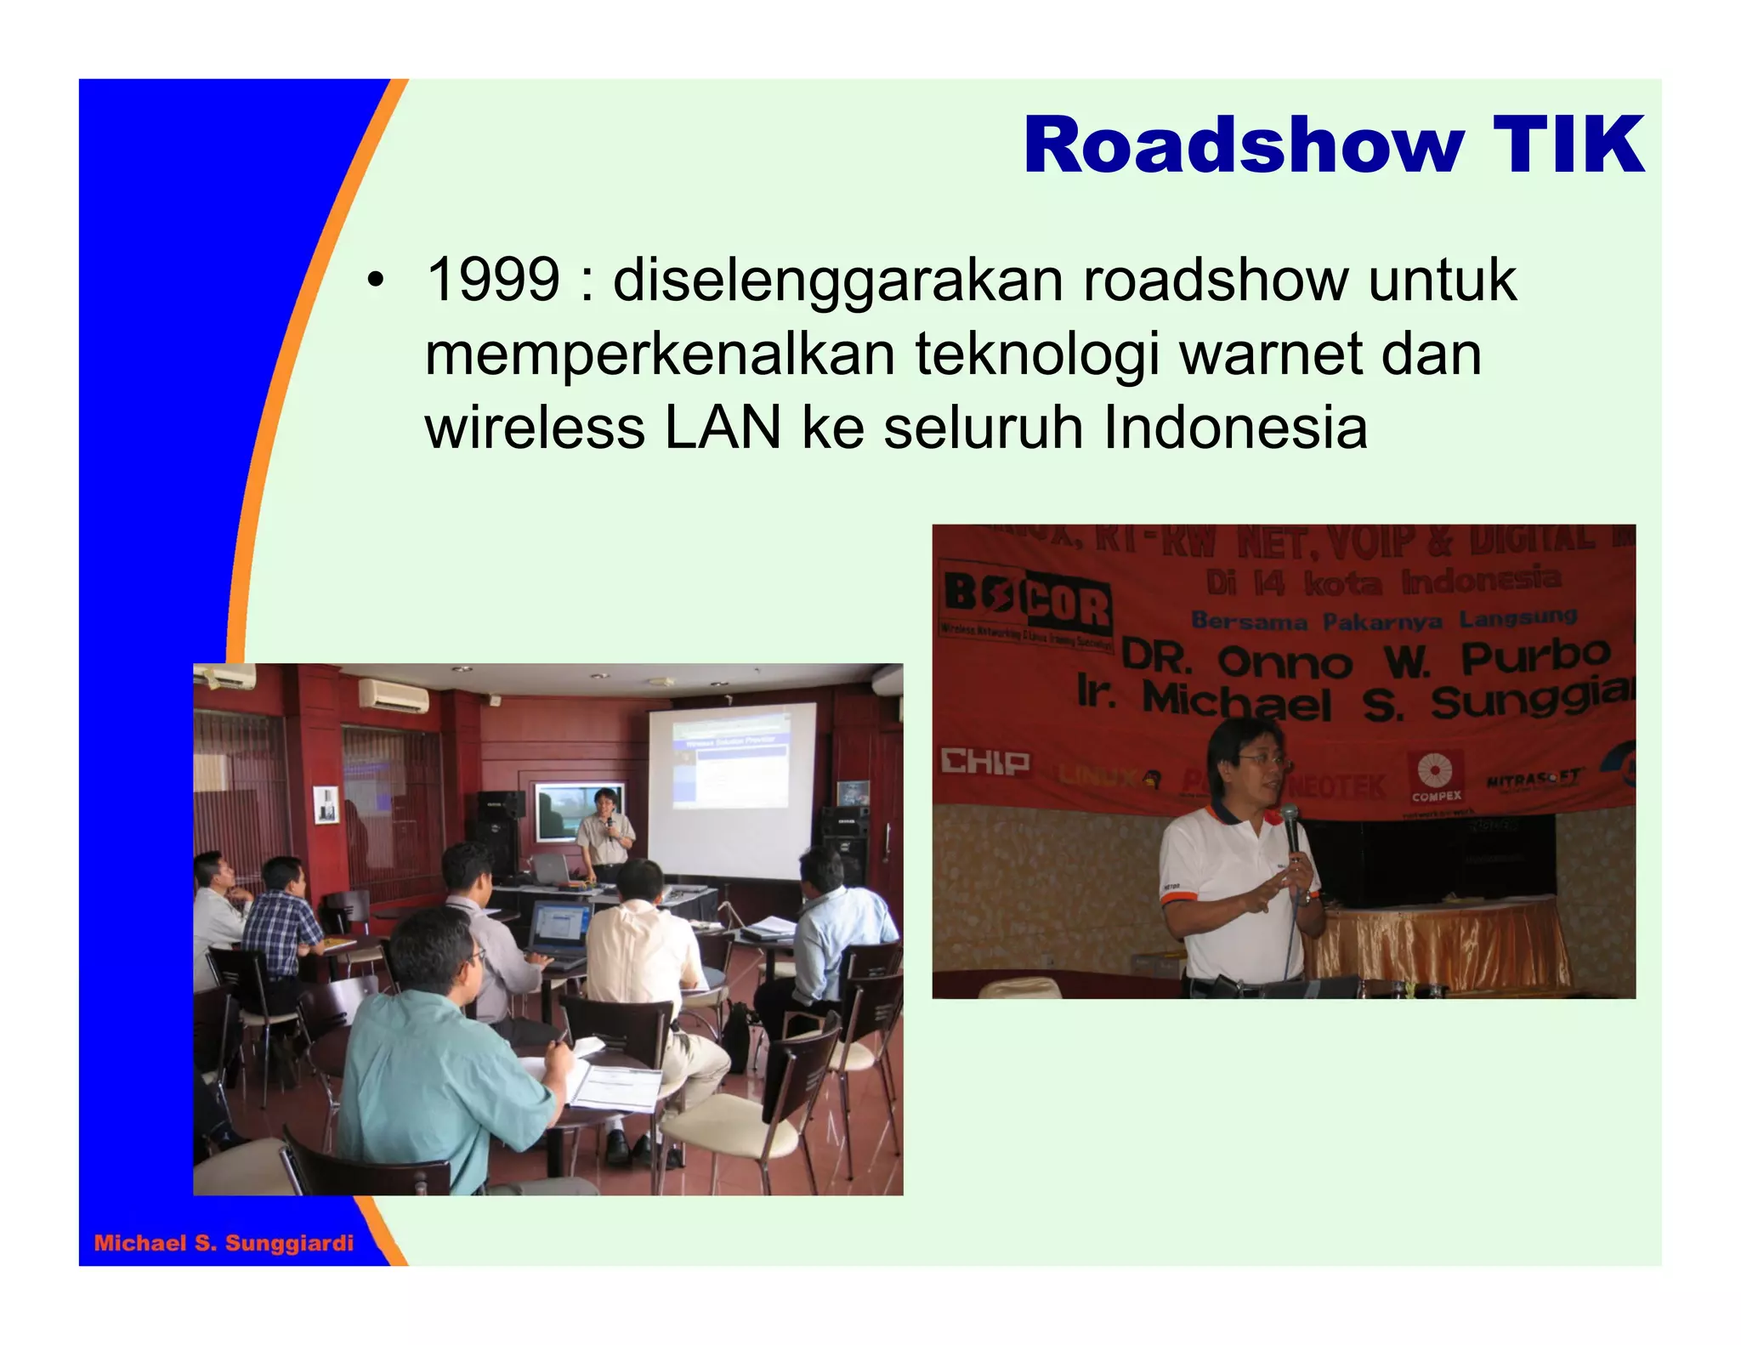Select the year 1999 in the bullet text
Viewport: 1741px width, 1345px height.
click(x=493, y=280)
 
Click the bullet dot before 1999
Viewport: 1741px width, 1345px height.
click(x=375, y=281)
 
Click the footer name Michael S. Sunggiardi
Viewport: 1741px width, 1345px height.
click(x=224, y=1243)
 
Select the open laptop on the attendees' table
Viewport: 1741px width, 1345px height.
click(x=560, y=931)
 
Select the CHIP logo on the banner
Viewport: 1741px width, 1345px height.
click(x=984, y=762)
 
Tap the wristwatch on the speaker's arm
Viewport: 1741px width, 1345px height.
click(x=1302, y=898)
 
